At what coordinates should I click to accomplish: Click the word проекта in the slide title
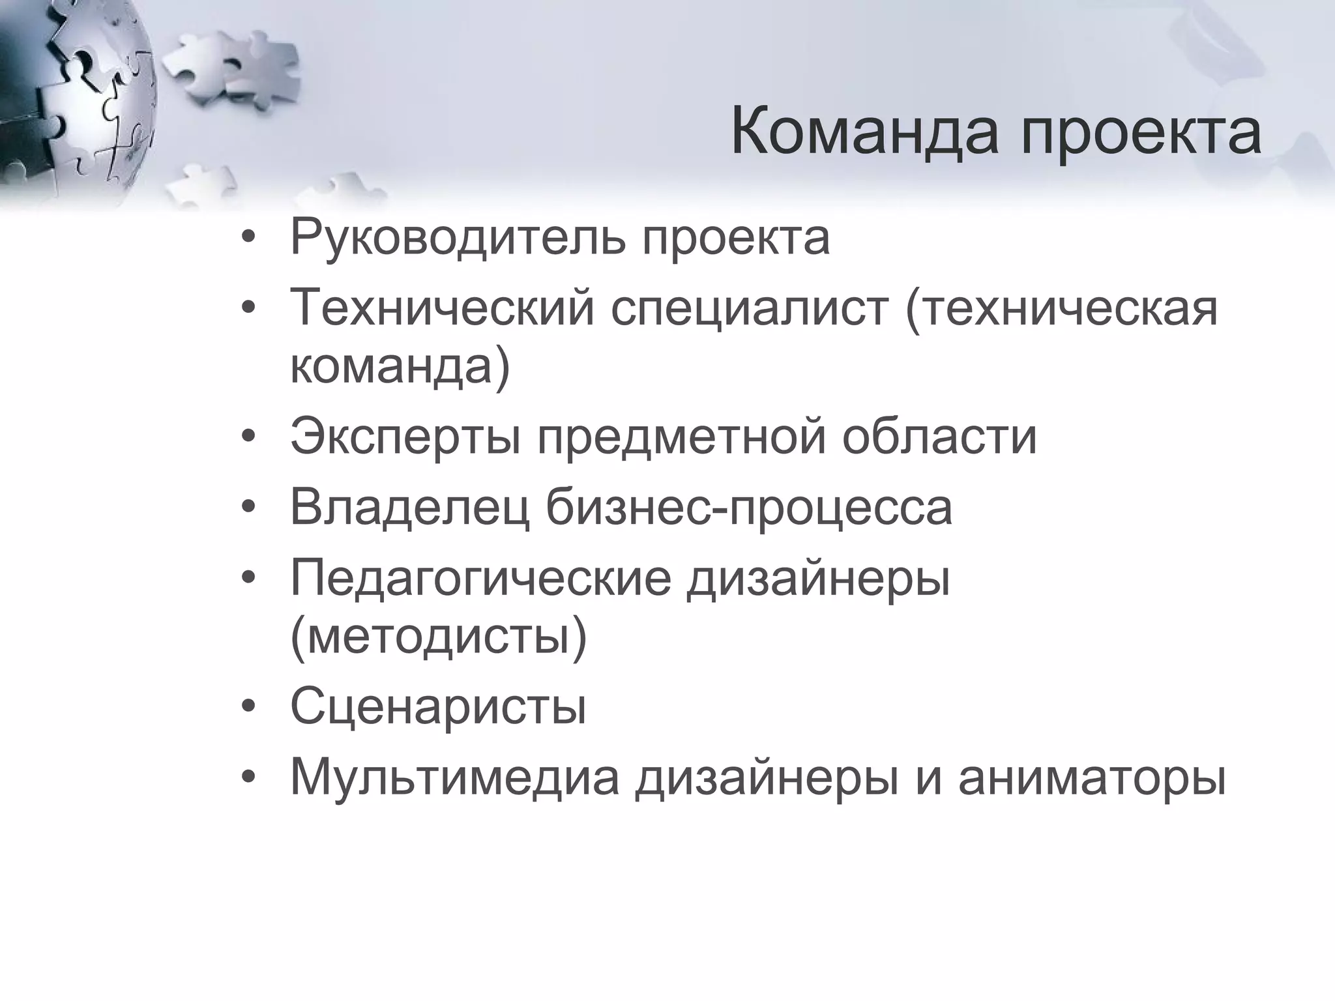pyautogui.click(x=1141, y=134)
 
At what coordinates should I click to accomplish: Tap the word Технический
pyautogui.click(x=442, y=308)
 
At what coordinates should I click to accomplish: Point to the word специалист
pyautogui.click(x=750, y=308)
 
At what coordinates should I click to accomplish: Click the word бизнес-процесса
pyautogui.click(x=749, y=508)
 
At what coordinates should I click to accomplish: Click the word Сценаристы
pyautogui.click(x=438, y=706)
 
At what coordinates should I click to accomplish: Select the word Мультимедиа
pyautogui.click(x=455, y=777)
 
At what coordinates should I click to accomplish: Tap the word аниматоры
pyautogui.click(x=1092, y=777)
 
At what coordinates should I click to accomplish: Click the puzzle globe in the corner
pyautogui.click(x=72, y=98)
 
